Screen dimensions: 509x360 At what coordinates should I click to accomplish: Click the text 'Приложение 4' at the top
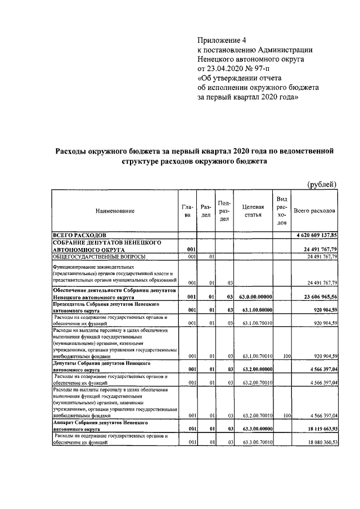(x=222, y=40)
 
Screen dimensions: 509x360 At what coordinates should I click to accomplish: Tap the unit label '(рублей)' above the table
(x=322, y=184)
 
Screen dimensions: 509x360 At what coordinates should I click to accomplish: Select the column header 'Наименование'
(x=115, y=210)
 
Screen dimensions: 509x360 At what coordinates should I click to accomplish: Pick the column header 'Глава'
(x=187, y=210)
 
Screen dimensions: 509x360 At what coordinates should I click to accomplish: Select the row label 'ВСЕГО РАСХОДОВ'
(x=79, y=235)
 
